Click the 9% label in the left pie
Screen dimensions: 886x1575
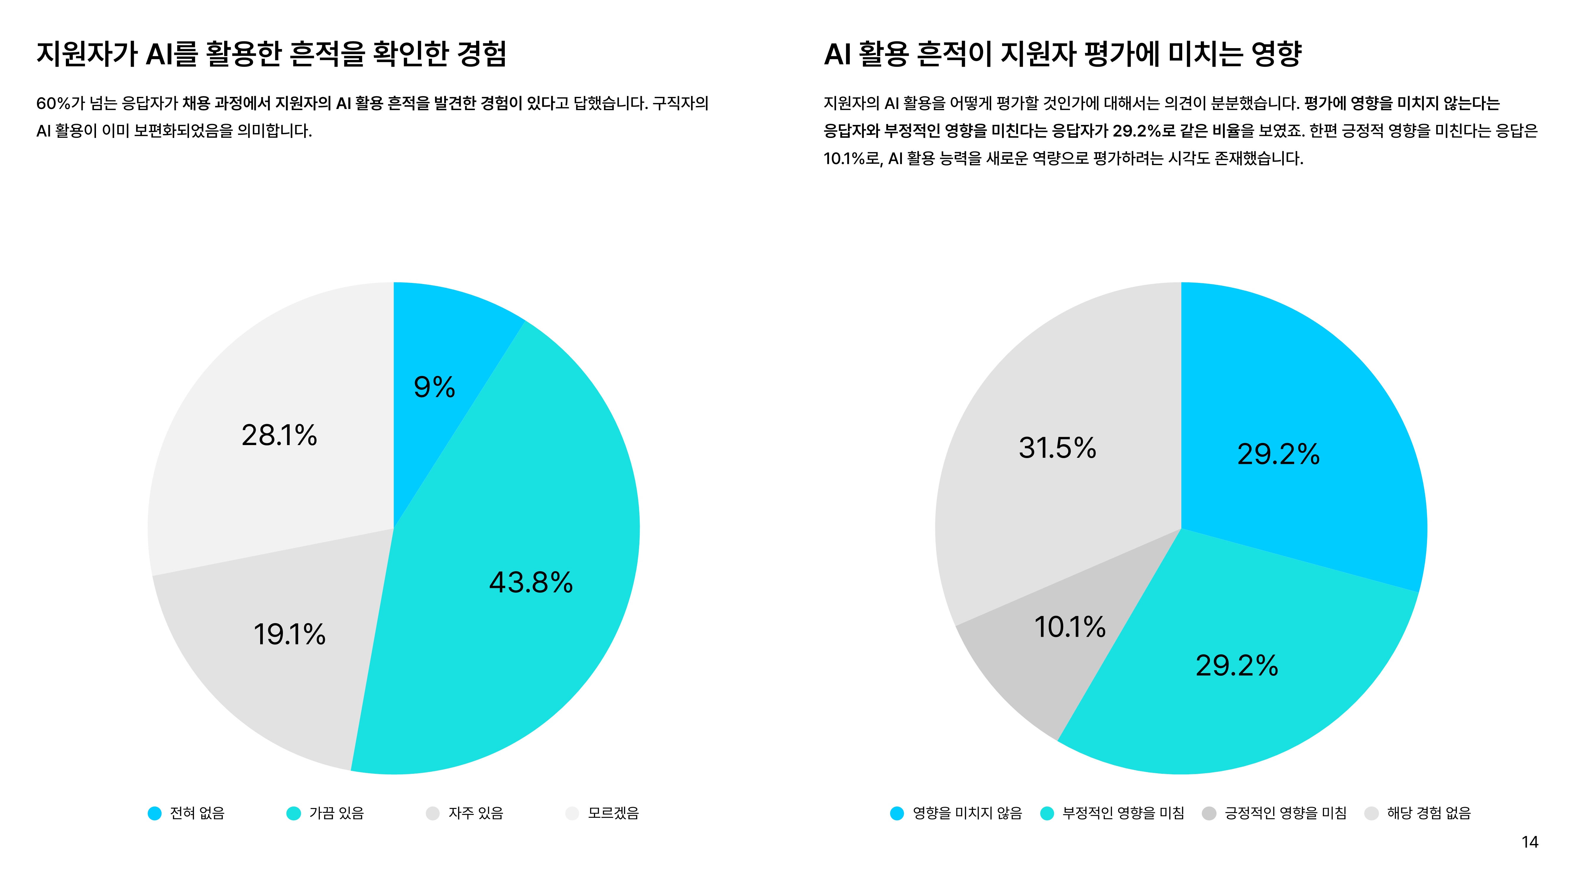click(x=434, y=387)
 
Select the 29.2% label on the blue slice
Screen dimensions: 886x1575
click(x=1278, y=454)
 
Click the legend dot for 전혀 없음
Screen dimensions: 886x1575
click(x=155, y=813)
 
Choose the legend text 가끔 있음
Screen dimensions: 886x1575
click(x=336, y=813)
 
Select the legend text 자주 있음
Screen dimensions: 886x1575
click(x=476, y=813)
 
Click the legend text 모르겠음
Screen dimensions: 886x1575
click(x=613, y=813)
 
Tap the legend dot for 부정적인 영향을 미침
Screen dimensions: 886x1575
click(x=1047, y=813)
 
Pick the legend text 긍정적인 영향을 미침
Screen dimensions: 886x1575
click(x=1285, y=813)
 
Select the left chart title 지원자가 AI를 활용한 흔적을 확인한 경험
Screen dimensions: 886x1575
click(x=271, y=54)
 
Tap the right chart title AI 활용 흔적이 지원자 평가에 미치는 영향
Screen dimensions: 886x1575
click(x=1063, y=54)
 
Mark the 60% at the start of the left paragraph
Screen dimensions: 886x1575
click(x=53, y=103)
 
